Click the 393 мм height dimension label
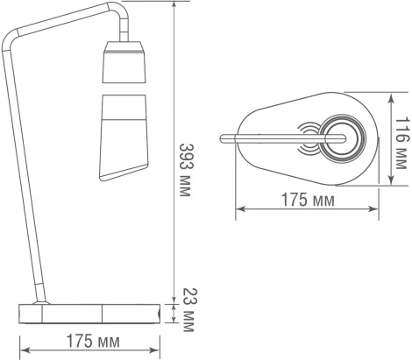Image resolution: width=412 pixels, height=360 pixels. pyautogui.click(x=185, y=170)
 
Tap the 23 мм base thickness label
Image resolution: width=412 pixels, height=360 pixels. pyautogui.click(x=188, y=310)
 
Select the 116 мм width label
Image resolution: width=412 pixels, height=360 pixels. pyautogui.click(x=401, y=143)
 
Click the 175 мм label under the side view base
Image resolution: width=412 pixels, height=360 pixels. pyautogui.click(x=93, y=341)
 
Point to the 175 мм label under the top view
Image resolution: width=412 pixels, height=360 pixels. pyautogui.click(x=308, y=200)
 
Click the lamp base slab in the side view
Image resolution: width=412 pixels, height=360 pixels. pyautogui.click(x=89, y=314)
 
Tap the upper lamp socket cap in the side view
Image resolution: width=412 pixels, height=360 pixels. pyautogui.click(x=124, y=62)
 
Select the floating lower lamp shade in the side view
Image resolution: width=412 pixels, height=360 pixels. pyautogui.click(x=124, y=138)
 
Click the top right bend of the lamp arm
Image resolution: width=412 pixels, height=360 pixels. pyautogui.click(x=120, y=11)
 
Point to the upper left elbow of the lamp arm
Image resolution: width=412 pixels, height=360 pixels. pyautogui.click(x=11, y=38)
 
